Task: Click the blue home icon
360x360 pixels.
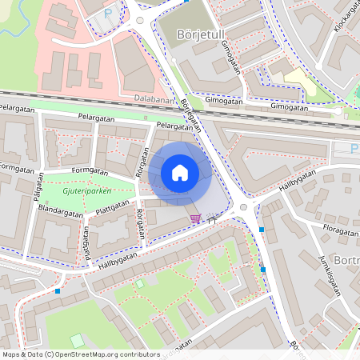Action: coord(180,173)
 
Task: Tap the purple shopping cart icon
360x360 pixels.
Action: coord(195,217)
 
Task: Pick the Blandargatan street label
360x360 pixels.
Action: coord(59,210)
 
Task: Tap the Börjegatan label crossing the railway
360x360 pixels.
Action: coord(190,115)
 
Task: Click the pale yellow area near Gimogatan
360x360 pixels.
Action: coord(299,80)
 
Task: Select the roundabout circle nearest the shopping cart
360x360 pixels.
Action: coord(243,209)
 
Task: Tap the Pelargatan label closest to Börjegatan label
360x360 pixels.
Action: coord(174,126)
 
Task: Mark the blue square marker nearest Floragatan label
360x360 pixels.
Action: coord(262,230)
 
